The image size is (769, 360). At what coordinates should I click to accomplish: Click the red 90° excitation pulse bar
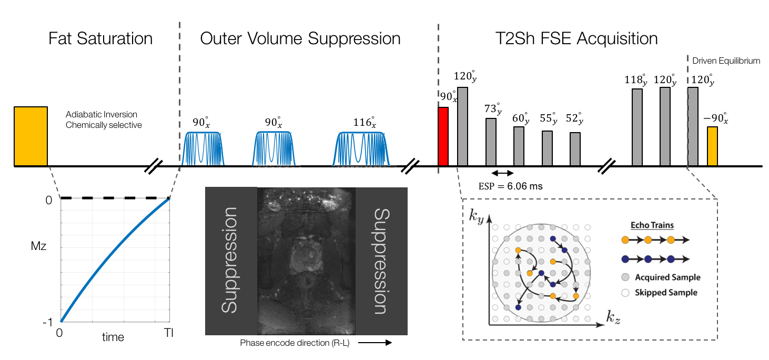coord(443,137)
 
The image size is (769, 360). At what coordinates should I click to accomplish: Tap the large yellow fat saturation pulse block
coord(31,136)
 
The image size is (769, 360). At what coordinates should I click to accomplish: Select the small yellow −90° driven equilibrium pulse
coord(712,146)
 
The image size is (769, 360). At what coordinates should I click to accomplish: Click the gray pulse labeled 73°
coord(491,142)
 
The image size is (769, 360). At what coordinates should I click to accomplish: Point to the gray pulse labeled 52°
coord(575,149)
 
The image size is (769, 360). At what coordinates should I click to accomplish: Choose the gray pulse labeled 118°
coord(637,127)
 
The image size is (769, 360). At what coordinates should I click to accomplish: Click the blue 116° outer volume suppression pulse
coord(363,148)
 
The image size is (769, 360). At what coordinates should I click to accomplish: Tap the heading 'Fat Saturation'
coord(100,38)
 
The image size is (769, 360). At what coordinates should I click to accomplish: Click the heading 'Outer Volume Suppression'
coord(300,38)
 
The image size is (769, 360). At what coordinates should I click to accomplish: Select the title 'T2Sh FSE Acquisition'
coord(576,38)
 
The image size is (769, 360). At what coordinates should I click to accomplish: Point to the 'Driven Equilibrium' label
coord(726,61)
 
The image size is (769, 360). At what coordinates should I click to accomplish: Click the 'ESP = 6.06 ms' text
coord(510,186)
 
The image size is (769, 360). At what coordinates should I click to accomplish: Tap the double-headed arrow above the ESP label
coord(502,173)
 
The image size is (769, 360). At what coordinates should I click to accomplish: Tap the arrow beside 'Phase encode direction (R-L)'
coord(377,343)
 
